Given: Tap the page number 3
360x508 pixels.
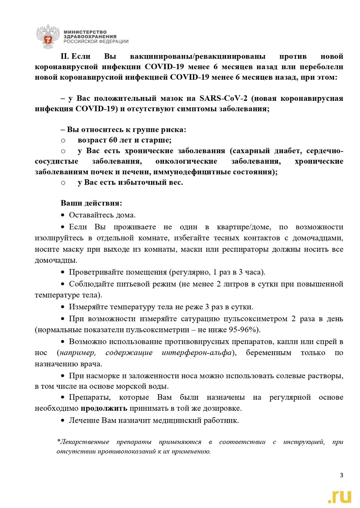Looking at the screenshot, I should pos(341,475).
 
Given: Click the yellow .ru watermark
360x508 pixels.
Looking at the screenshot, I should pos(339,496).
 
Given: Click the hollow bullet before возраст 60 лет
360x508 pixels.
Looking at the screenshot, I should pos(63,140).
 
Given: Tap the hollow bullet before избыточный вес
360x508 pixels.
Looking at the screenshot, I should pos(63,183).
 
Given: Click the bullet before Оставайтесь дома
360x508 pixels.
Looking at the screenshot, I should pos(63,215).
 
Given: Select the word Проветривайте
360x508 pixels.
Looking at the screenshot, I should pos(94,272).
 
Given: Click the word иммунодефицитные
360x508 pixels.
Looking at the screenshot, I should pos(188,172).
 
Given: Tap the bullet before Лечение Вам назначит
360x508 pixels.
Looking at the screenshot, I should pos(63,420).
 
